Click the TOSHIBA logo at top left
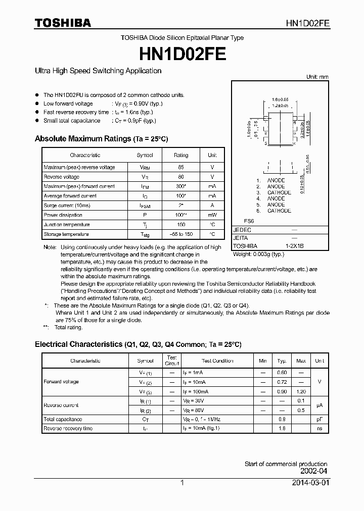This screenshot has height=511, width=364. click(63, 23)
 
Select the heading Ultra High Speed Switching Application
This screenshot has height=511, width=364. click(98, 71)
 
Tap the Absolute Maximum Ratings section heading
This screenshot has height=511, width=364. click(101, 138)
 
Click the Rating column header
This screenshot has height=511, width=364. click(181, 155)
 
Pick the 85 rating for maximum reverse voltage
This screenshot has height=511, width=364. click(181, 167)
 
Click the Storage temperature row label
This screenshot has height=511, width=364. click(66, 234)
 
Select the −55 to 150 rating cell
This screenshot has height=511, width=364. click(181, 234)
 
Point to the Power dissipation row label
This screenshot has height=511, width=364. click(63, 215)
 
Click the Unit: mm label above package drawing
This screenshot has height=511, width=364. click(317, 77)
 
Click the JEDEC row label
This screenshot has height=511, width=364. click(242, 230)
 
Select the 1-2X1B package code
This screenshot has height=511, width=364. click(295, 246)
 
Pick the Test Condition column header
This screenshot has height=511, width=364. click(217, 361)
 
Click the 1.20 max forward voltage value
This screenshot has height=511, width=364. click(301, 391)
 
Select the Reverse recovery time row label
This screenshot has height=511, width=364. click(68, 428)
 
